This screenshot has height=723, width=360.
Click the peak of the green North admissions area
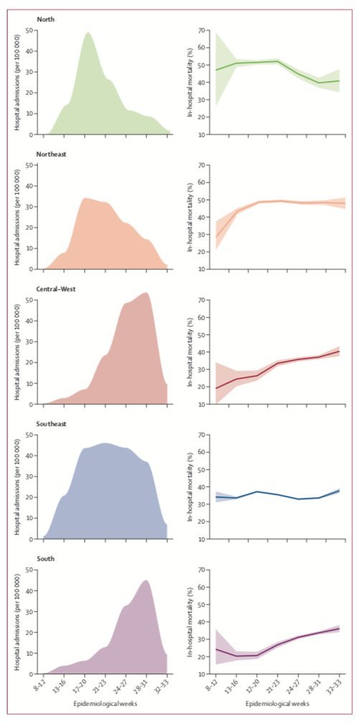tap(87, 33)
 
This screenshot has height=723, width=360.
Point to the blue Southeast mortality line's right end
tap(338, 491)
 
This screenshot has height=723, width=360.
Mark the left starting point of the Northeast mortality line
tap(215, 237)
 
